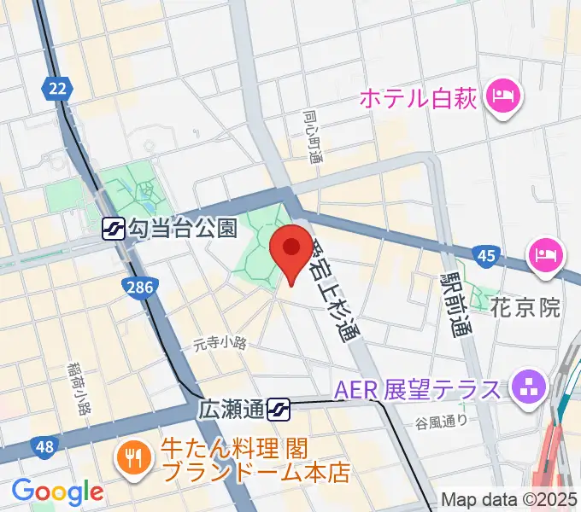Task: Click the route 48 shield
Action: click(x=44, y=446)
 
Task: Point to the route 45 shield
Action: click(x=485, y=256)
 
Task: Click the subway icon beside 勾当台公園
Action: click(x=112, y=228)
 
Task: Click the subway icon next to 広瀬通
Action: click(x=279, y=410)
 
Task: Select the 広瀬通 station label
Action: click(x=232, y=410)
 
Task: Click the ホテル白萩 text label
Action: click(x=418, y=98)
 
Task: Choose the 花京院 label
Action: click(x=525, y=308)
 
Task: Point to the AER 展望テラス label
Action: click(x=416, y=389)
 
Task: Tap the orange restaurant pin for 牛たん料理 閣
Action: click(x=134, y=459)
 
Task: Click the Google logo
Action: click(x=57, y=491)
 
